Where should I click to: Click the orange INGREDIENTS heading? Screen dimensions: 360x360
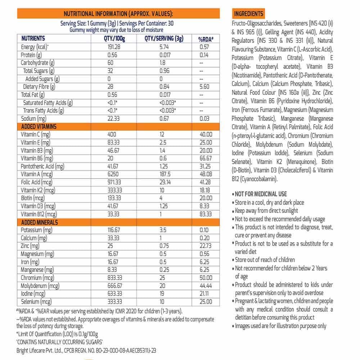248,14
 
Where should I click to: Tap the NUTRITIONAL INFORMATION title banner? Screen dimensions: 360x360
118,14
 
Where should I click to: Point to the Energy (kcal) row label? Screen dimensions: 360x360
35,47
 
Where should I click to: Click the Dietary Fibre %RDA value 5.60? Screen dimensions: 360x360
204,87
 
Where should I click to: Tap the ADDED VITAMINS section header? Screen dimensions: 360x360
39,127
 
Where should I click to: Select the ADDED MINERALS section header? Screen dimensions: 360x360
39,222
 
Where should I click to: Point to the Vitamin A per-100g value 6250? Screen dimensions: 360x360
113,175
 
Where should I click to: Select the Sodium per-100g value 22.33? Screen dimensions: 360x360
114,119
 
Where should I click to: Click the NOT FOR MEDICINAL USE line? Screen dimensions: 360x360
261,194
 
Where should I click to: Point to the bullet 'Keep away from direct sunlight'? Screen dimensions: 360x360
266,211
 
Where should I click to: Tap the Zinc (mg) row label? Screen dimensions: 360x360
30,246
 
